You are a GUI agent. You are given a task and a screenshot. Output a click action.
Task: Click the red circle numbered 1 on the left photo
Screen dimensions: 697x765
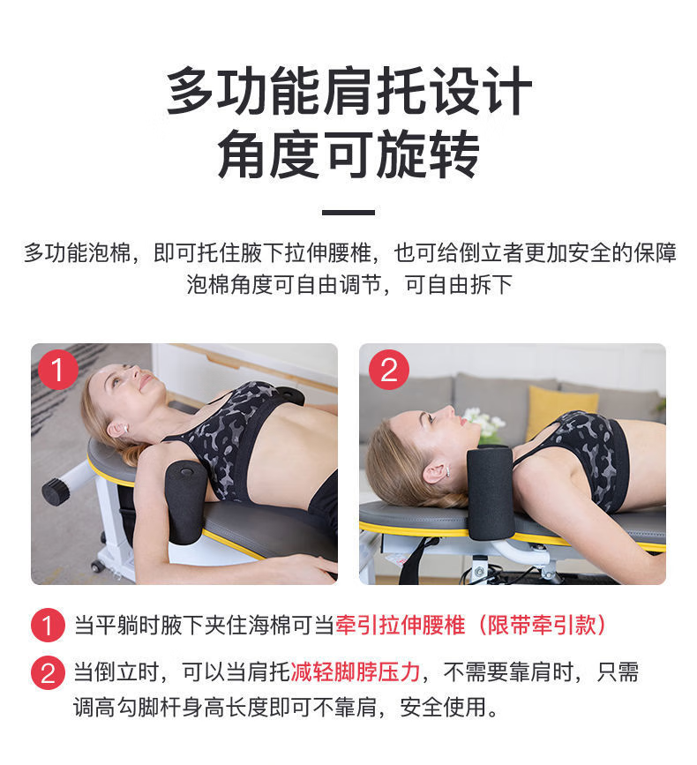(57, 370)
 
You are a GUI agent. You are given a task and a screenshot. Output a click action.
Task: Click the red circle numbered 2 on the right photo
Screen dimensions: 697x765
(388, 370)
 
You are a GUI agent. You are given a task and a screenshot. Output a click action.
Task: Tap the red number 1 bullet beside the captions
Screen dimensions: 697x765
(48, 625)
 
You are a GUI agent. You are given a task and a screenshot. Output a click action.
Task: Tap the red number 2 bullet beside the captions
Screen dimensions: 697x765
(48, 672)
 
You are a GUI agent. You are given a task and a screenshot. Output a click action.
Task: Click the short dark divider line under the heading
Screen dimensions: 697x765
(348, 213)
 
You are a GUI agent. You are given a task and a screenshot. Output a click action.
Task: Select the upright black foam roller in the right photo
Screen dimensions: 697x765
(491, 492)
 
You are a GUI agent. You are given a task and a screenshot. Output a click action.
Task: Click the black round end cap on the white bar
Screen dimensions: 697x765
(55, 491)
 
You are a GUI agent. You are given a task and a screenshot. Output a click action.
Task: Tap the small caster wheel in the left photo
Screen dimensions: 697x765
(97, 566)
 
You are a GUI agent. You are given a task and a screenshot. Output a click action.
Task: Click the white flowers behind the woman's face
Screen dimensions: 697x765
(483, 423)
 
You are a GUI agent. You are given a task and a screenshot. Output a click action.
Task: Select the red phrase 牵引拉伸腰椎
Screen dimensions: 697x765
(400, 625)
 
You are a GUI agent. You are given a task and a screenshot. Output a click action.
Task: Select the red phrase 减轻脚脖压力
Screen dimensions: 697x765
(355, 672)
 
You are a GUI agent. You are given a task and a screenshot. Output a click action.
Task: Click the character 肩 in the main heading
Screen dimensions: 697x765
(349, 91)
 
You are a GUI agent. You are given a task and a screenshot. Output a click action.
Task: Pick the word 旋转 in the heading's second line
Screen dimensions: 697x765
(428, 154)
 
